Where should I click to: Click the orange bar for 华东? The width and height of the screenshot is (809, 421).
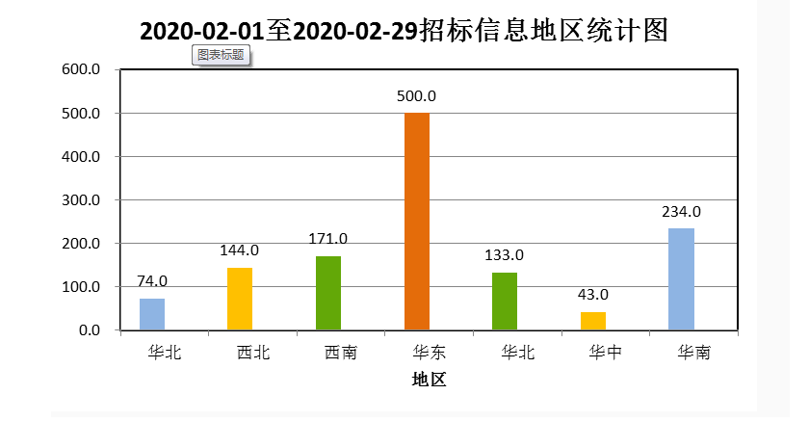417,222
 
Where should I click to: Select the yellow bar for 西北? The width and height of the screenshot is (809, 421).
240,299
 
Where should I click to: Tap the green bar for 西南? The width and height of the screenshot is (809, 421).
328,293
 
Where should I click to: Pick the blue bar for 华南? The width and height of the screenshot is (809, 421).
681,279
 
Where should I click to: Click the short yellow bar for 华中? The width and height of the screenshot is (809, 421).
593,321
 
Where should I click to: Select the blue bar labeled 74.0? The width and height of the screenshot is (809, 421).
152,314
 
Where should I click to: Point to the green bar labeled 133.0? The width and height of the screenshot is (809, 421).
505,302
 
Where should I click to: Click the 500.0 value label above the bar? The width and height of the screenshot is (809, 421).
417,96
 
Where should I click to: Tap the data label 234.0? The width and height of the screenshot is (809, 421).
681,212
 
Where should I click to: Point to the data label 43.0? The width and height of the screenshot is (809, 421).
593,295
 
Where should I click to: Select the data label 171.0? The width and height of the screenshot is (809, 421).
328,239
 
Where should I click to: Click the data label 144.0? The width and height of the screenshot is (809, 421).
240,250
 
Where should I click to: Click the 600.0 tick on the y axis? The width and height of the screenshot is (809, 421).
82,69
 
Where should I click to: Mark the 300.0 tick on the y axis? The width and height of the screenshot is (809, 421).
82,200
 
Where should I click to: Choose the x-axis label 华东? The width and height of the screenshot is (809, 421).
417,353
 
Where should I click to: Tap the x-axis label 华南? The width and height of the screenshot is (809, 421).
681,353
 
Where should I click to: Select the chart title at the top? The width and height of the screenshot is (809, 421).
404,31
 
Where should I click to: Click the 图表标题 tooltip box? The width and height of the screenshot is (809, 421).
222,55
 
